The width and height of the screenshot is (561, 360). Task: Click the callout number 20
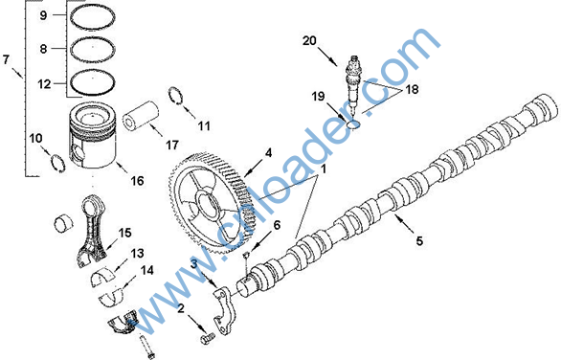pos(309,41)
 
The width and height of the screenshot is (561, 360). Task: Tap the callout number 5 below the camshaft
pos(419,241)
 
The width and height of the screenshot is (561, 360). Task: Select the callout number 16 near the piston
pos(137,181)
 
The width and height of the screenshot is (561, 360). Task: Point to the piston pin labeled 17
pos(141,115)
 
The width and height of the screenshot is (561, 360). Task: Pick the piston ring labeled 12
pos(93,82)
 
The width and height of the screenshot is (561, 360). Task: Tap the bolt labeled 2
pos(207,338)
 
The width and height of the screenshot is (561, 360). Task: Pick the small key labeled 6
pos(246,256)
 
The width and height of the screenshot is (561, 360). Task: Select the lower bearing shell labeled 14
pos(111,298)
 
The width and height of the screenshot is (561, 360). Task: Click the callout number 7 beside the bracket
pos(6,58)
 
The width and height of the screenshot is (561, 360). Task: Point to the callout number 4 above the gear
pos(268,153)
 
